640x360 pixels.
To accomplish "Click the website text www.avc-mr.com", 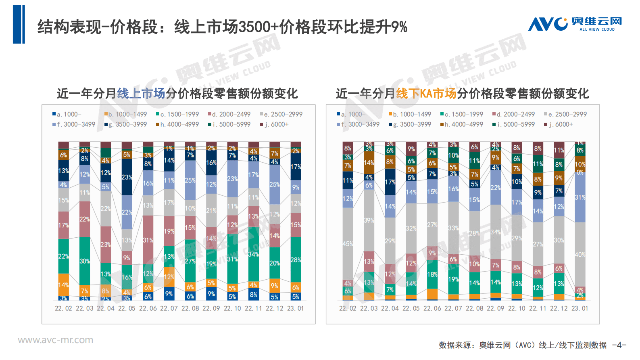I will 55,340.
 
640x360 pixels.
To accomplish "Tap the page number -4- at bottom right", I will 619,345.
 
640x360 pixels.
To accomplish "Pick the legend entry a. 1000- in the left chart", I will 67,114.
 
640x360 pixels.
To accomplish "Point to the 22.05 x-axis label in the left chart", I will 127,308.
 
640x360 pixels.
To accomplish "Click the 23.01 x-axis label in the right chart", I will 580,308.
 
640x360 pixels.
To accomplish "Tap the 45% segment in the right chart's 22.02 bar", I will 348,244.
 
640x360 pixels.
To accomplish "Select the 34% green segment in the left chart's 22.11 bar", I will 253,254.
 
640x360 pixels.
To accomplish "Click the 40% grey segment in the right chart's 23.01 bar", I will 580,255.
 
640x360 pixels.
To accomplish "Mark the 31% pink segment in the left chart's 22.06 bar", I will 148,240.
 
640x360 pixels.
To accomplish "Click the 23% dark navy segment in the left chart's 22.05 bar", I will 127,177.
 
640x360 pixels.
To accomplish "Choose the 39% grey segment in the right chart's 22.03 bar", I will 369,220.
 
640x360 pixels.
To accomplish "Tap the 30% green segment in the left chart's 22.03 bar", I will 85,261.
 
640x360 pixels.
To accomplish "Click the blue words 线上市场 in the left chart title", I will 141,94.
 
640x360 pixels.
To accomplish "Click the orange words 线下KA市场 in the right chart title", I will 426,94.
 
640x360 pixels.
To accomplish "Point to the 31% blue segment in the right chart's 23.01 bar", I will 580,197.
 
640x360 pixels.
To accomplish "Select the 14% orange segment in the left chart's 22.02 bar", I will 64,285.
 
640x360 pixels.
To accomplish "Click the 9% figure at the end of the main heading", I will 399,27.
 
